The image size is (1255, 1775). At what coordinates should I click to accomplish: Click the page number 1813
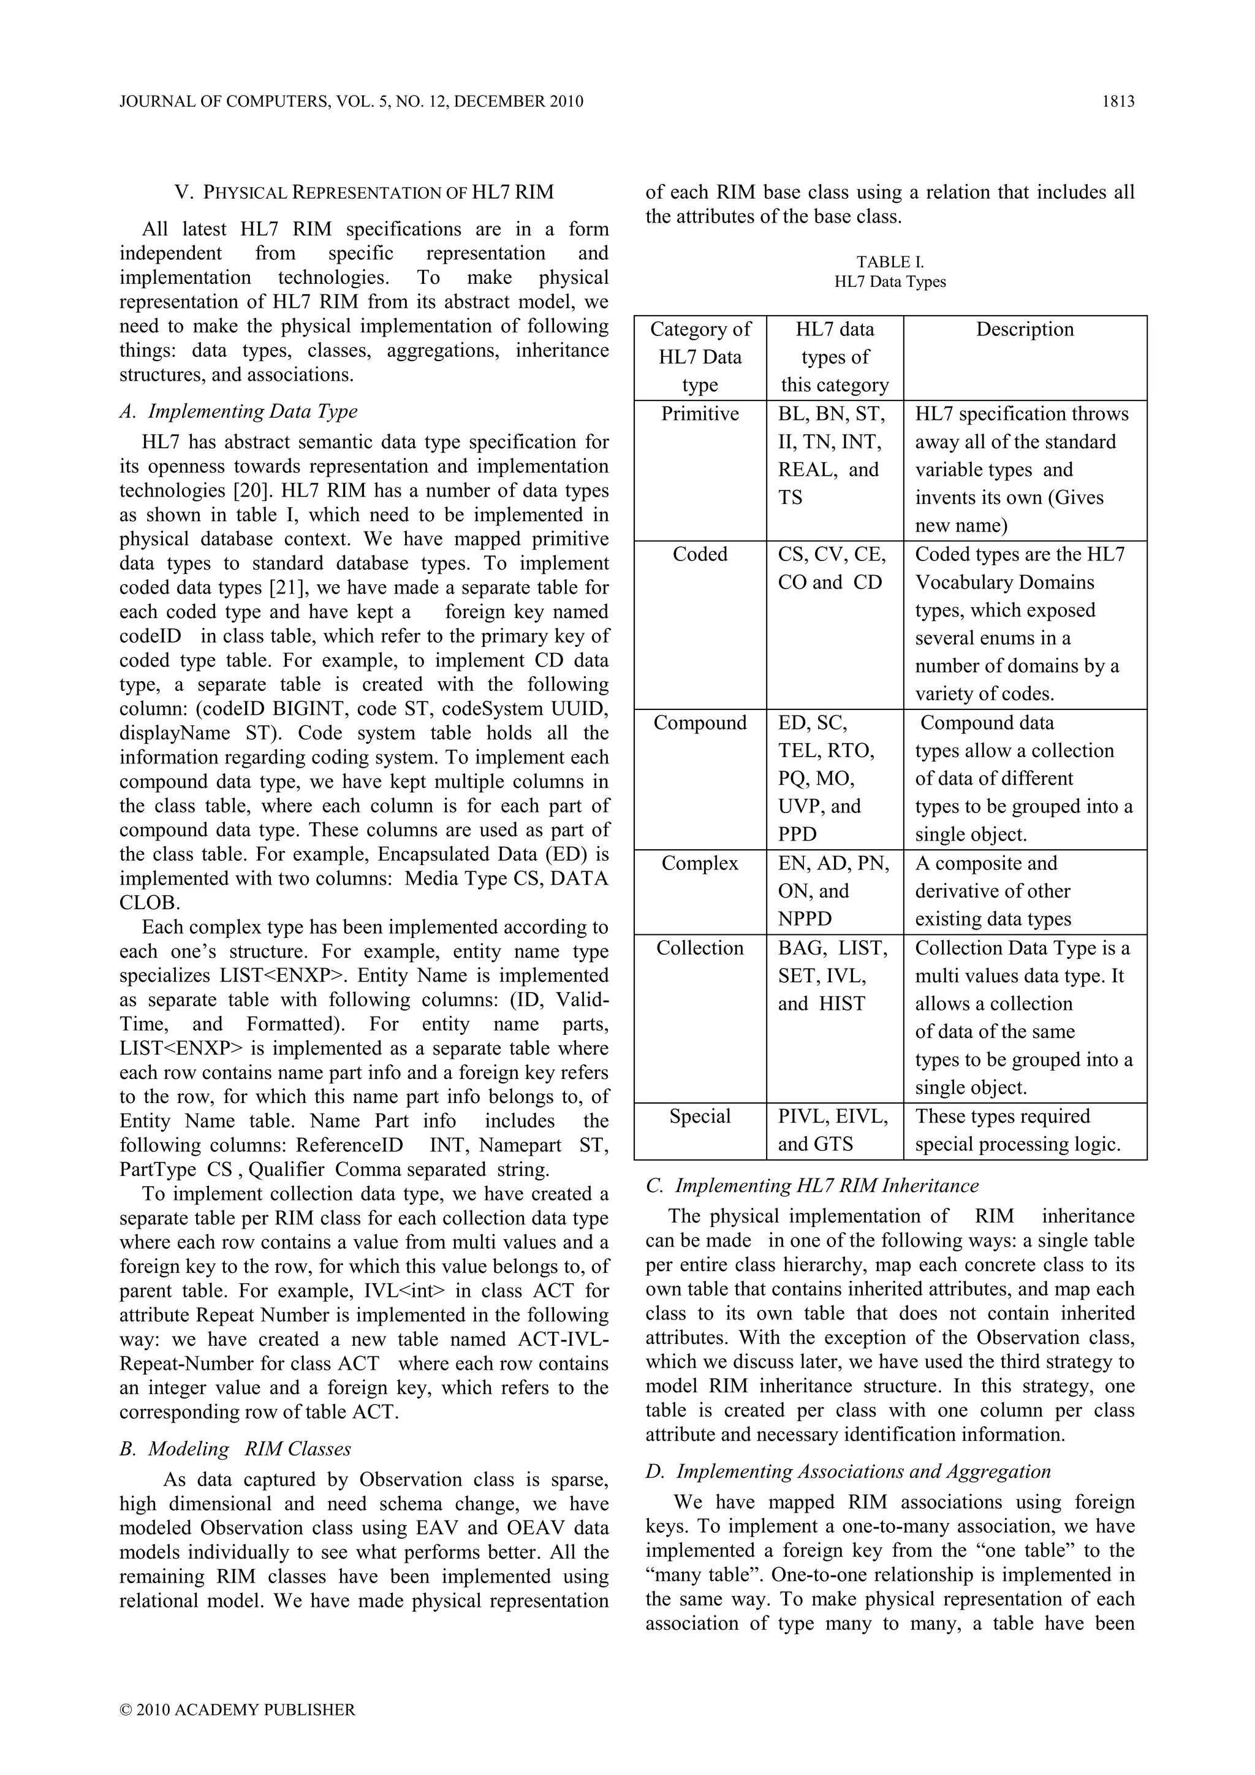coord(1118,101)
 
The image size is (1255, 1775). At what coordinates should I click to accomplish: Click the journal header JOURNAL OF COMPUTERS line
coord(352,101)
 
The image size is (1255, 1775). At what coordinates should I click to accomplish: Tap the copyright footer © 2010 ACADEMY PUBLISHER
coord(238,1709)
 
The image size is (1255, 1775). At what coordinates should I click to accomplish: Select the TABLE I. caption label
coord(890,262)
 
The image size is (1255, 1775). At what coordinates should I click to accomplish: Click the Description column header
coord(1024,329)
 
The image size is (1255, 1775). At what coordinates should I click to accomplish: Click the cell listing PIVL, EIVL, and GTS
coord(833,1130)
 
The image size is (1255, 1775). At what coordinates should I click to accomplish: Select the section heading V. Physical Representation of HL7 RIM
coord(364,192)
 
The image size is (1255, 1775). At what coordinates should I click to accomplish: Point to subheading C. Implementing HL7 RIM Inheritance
coord(812,1186)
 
